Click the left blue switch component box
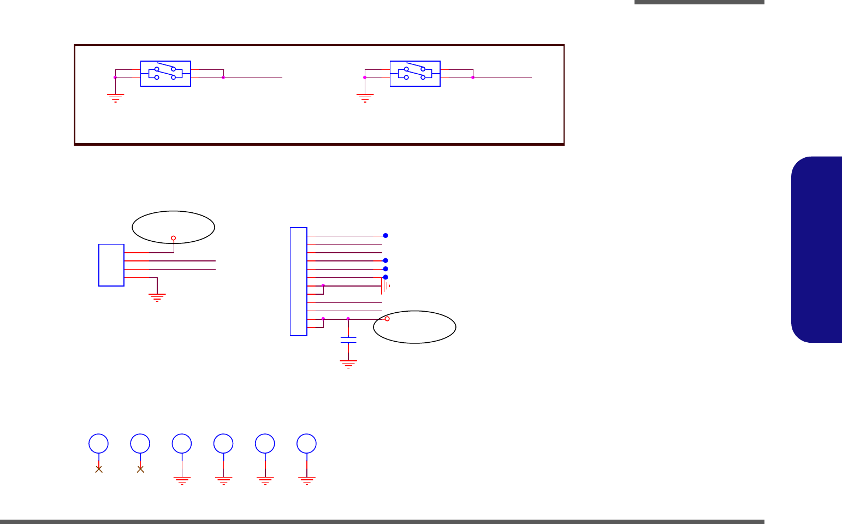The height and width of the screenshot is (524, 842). click(165, 74)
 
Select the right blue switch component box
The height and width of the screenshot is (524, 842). click(415, 74)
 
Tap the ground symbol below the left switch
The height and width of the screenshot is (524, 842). click(115, 98)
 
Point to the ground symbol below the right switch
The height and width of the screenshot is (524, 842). click(365, 98)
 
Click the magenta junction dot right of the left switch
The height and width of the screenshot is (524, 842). click(223, 78)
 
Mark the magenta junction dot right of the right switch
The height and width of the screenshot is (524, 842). click(473, 78)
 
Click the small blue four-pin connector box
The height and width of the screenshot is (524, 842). click(111, 265)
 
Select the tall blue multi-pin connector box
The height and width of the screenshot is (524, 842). click(299, 282)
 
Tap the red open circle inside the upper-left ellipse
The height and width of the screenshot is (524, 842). click(174, 238)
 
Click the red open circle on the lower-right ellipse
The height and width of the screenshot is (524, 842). click(387, 319)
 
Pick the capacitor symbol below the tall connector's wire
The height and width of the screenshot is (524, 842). click(348, 340)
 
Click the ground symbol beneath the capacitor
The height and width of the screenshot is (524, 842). click(348, 364)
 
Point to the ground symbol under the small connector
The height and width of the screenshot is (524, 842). click(157, 297)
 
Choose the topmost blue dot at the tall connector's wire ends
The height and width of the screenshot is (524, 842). click(386, 236)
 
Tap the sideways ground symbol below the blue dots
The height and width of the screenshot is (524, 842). click(386, 285)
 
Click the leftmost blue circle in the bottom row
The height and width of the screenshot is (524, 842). click(99, 444)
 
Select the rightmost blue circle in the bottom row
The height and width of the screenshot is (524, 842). click(307, 444)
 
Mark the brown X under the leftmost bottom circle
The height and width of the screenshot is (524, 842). click(99, 469)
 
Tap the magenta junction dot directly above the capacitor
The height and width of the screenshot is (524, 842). click(348, 319)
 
